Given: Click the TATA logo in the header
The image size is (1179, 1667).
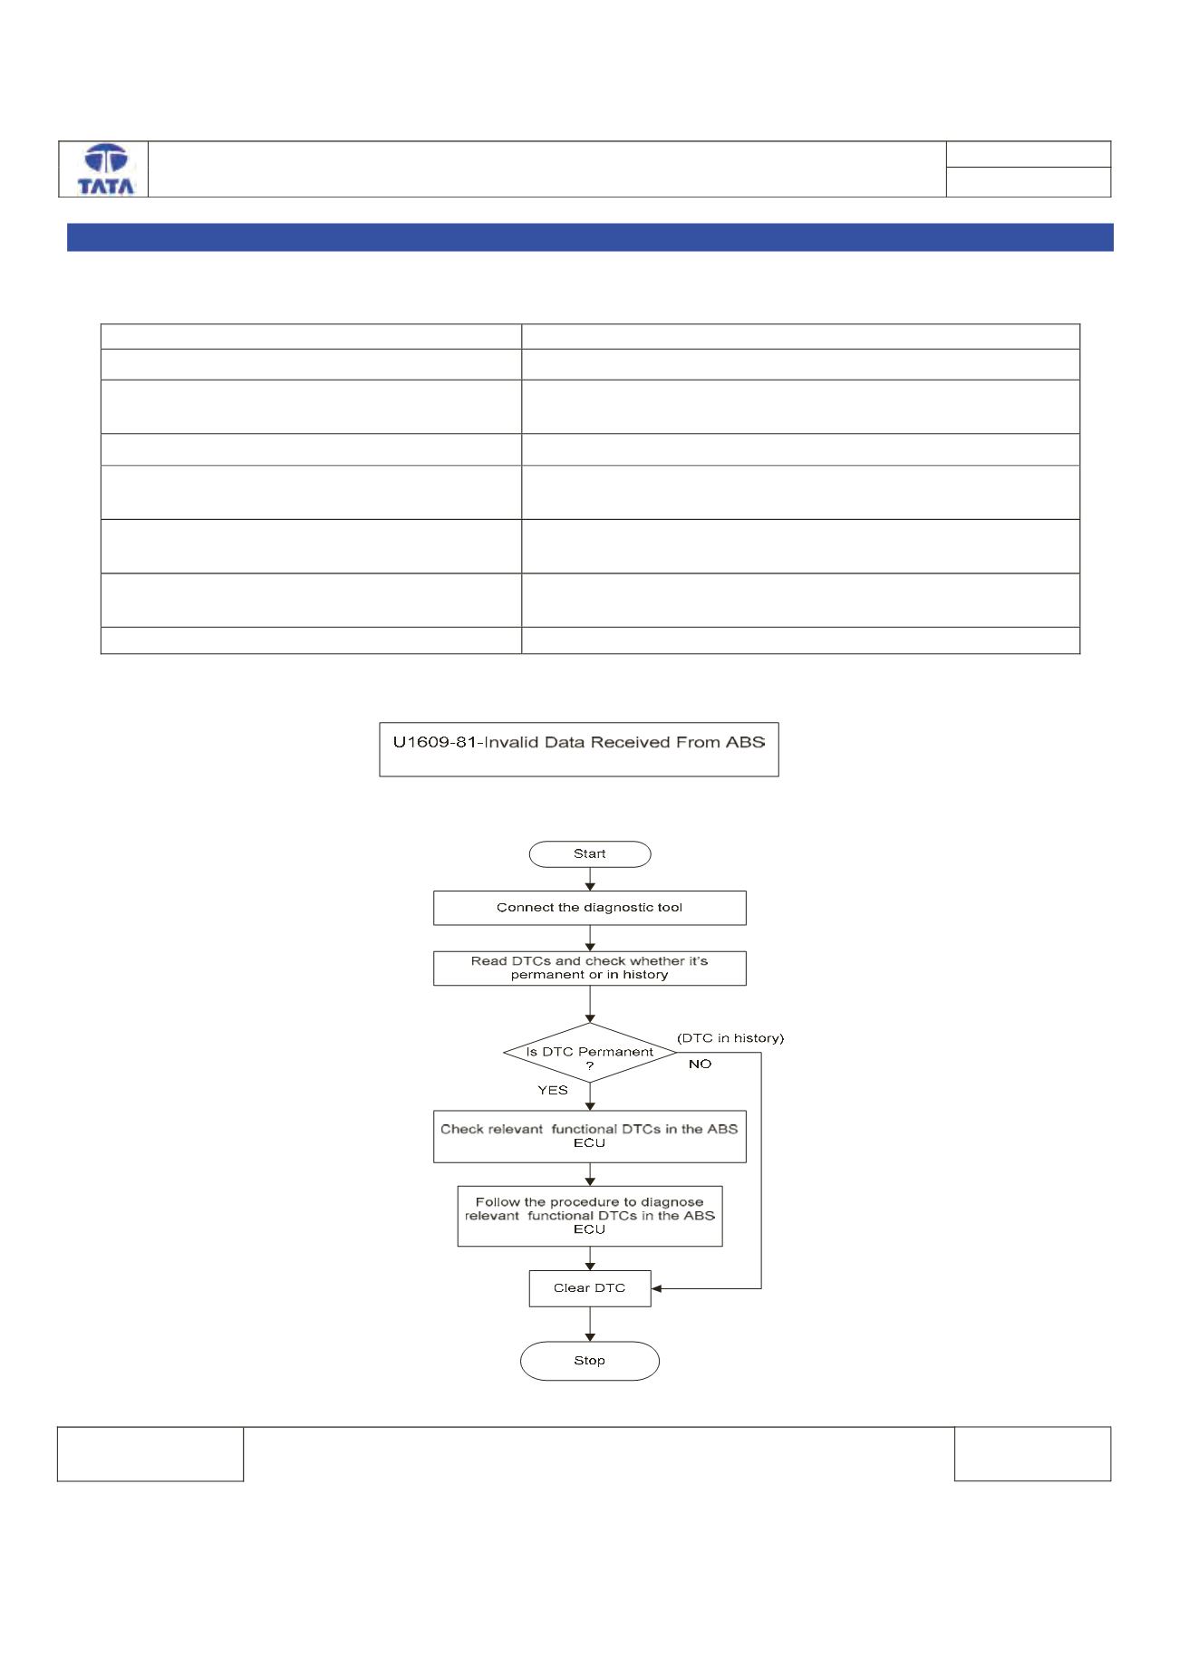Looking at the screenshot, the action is click(106, 169).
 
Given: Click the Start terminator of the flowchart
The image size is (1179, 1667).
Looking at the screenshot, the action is click(590, 854).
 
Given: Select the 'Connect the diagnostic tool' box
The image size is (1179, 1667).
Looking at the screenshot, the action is click(590, 908).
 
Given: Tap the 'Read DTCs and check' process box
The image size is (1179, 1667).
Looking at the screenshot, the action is click(590, 968).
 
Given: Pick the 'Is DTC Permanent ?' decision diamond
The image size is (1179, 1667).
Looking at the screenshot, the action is click(590, 1053).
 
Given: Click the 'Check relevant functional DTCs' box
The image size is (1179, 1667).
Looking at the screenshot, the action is click(590, 1136).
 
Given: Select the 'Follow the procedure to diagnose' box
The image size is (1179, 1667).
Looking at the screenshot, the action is click(590, 1216).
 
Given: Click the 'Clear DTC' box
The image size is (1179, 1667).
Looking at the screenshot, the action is click(590, 1288).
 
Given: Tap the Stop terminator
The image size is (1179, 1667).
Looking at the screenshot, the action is click(590, 1361).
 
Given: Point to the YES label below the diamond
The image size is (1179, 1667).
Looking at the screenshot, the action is click(553, 1090).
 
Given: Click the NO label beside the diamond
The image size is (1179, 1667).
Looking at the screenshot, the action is click(700, 1064).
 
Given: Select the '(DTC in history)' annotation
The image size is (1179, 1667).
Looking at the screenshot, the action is click(730, 1038).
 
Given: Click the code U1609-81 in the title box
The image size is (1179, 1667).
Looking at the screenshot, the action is click(434, 742).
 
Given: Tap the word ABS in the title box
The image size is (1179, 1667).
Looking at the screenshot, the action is click(746, 742).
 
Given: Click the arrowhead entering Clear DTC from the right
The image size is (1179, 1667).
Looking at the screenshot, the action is click(657, 1288).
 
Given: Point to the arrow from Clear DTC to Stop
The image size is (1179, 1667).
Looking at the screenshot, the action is click(590, 1324).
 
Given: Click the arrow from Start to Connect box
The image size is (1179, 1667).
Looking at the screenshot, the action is click(590, 879).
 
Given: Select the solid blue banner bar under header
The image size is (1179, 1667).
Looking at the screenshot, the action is click(590, 237).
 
